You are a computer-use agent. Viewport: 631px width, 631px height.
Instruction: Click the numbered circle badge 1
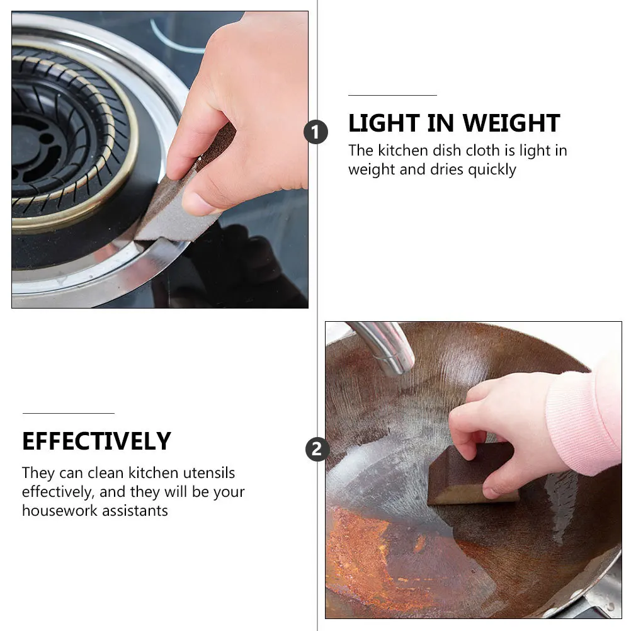[316, 132]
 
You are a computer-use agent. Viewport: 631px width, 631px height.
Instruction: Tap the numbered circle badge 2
[317, 450]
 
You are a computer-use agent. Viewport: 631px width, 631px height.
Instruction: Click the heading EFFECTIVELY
[96, 441]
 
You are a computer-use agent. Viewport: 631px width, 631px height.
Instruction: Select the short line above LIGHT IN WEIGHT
[392, 95]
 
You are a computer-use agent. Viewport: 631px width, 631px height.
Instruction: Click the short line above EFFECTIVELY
[68, 413]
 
